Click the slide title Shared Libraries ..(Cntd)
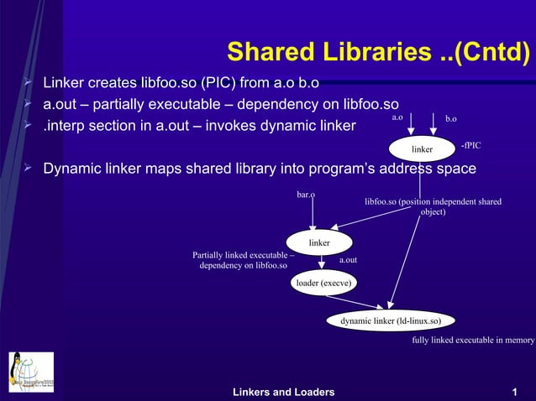pos(378,53)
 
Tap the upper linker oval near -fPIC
pos(422,149)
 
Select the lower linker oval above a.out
pos(318,242)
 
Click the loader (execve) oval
pos(323,284)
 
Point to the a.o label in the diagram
pos(397,118)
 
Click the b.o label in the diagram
pos(451,119)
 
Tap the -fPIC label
pos(470,146)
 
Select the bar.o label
pos(306,195)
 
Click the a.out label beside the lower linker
pos(348,260)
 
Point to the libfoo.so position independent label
pos(433,206)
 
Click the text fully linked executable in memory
pos(473,341)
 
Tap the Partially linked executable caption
pos(243,260)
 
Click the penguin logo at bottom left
pos(31,372)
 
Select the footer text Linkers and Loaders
pos(283,392)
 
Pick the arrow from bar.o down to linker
pos(313,214)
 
